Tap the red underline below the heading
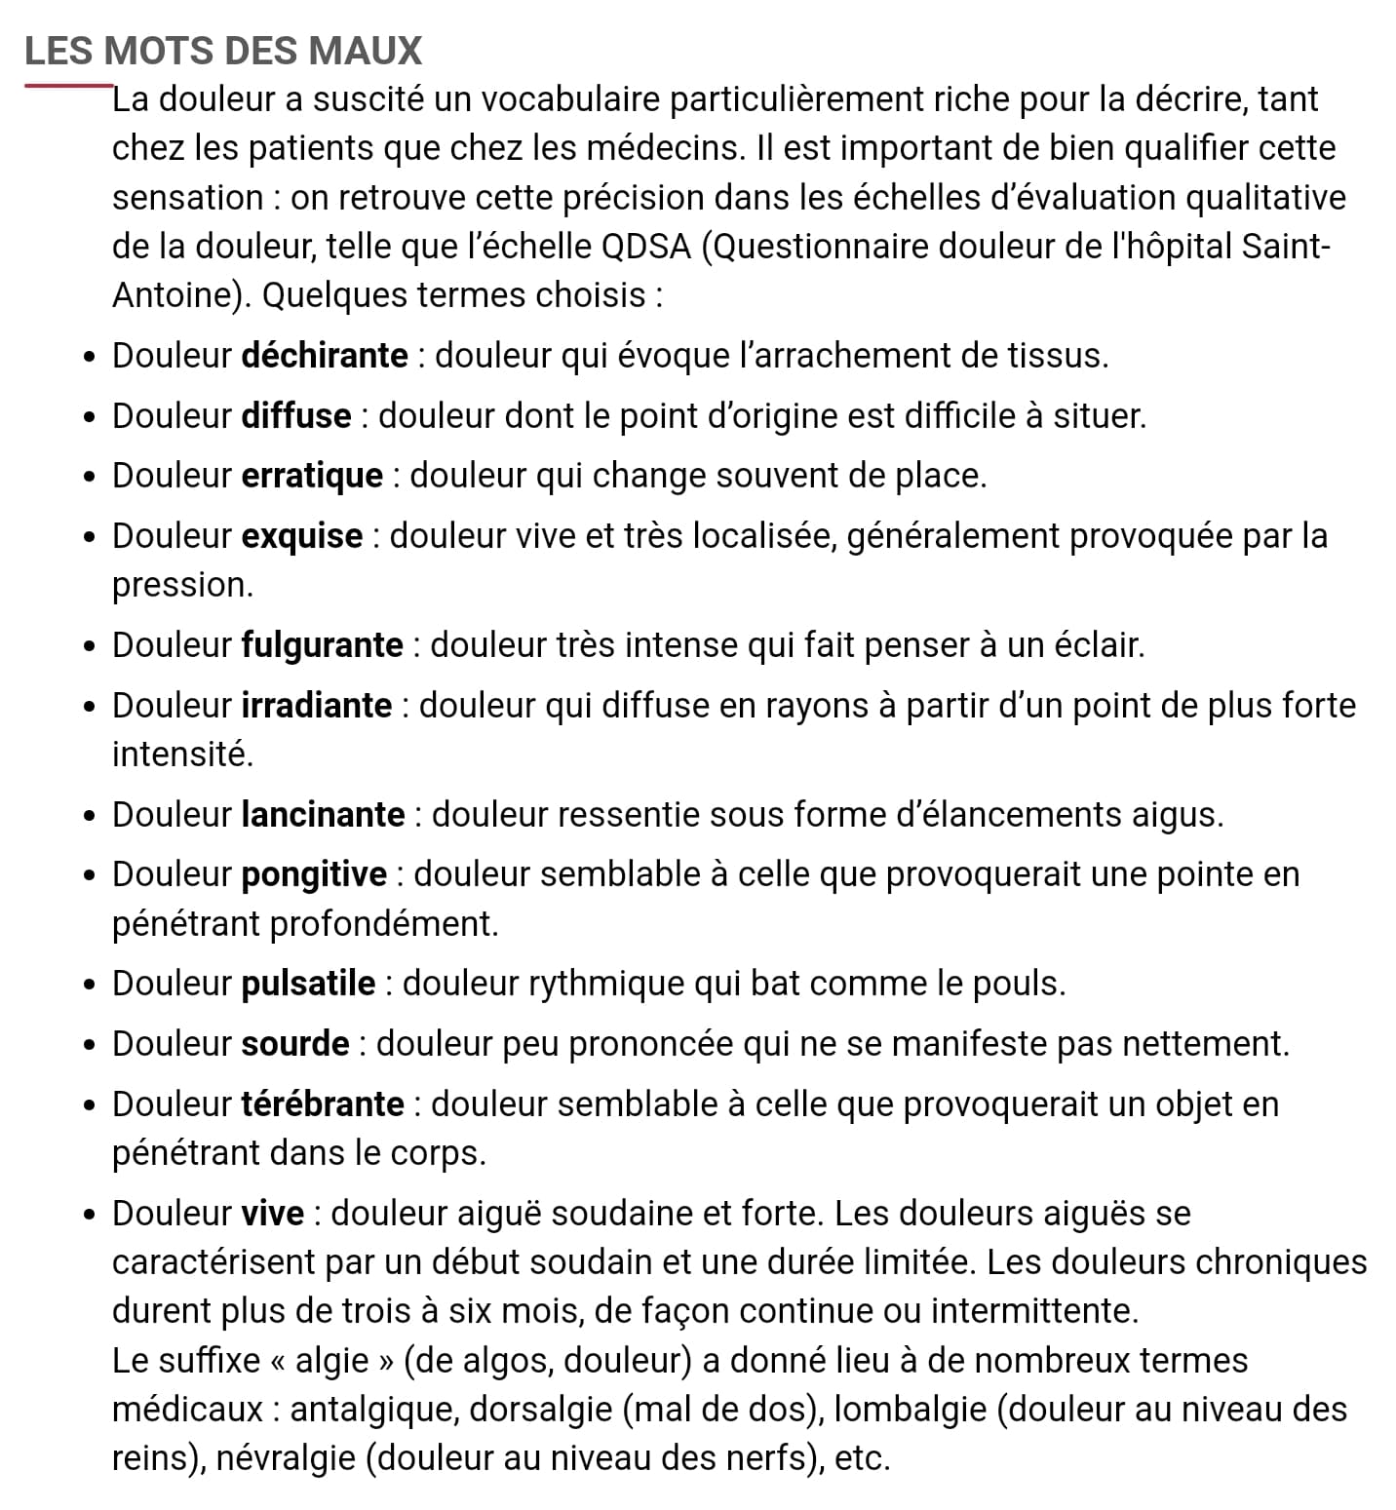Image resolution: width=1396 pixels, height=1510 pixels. (68, 86)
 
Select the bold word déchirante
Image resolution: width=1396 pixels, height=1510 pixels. (325, 356)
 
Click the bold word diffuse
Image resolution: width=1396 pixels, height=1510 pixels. (296, 416)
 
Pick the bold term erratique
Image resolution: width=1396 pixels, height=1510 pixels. (312, 476)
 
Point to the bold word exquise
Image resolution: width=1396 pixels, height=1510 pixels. (302, 536)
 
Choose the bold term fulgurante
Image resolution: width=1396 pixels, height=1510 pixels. (323, 645)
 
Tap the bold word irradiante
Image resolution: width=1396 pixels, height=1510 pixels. (317, 706)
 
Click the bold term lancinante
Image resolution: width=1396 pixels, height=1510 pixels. (323, 815)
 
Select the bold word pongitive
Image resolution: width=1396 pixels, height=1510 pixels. (314, 874)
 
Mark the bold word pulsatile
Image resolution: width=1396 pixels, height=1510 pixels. (308, 984)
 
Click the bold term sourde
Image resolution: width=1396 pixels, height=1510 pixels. (295, 1044)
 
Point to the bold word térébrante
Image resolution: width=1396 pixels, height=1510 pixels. (323, 1104)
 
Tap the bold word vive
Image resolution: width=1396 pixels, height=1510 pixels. (273, 1214)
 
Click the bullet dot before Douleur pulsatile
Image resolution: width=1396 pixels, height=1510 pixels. (90, 985)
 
